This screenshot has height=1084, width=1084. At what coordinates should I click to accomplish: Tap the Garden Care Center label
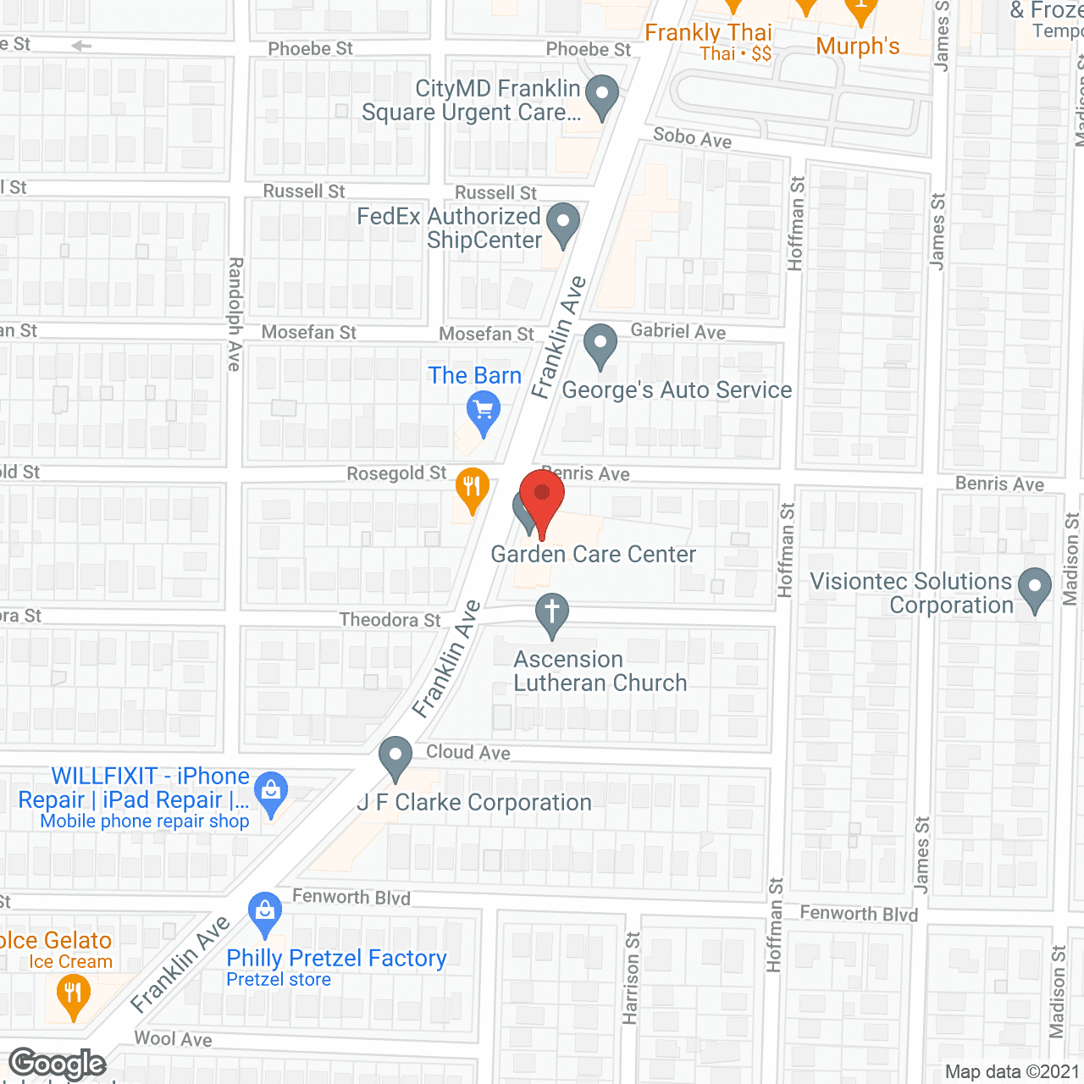(593, 555)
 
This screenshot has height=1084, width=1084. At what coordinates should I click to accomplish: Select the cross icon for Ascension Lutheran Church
(552, 612)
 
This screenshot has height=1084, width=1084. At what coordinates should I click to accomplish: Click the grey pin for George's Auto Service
(600, 345)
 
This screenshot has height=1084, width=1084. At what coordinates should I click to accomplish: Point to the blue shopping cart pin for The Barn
(484, 413)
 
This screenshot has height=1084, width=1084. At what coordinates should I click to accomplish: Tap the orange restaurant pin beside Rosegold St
(473, 488)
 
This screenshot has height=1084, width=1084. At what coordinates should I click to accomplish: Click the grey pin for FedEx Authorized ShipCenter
(563, 223)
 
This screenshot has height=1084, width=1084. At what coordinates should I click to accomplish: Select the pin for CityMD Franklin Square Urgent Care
(602, 95)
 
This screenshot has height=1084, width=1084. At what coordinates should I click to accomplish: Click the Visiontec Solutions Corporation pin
(1034, 587)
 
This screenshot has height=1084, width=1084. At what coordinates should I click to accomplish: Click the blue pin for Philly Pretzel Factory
(265, 913)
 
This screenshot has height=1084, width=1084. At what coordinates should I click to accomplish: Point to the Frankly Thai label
(709, 33)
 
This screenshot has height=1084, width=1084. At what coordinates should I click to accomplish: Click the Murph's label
(858, 46)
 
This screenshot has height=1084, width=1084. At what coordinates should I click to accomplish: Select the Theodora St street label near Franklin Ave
(390, 620)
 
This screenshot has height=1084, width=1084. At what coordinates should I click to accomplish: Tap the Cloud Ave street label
(468, 752)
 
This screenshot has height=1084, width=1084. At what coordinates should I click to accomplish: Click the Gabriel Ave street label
(678, 331)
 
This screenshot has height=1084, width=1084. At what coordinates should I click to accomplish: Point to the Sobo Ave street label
(692, 137)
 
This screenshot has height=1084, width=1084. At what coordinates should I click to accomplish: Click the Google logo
(58, 1064)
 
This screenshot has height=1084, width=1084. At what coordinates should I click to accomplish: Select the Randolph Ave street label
(235, 314)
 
